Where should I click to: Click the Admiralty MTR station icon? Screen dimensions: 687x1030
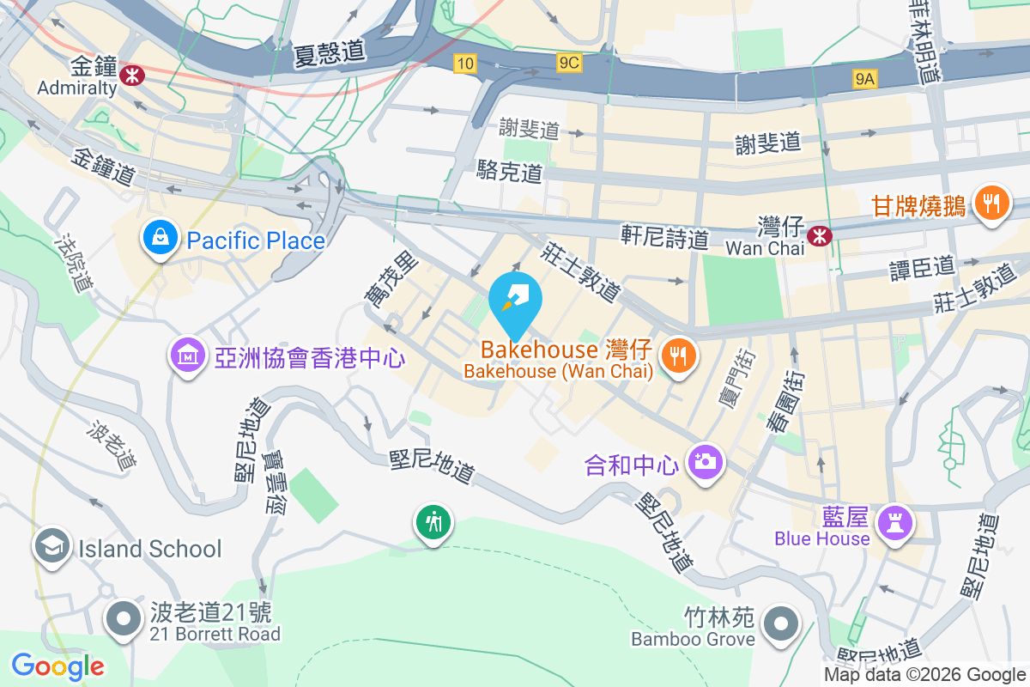click(133, 75)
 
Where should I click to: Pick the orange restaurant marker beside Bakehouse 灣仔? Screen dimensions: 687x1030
click(679, 356)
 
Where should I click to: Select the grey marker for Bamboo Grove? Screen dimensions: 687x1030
click(780, 625)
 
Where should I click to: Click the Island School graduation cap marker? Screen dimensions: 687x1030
click(52, 546)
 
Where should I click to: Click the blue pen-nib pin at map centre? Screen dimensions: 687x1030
click(515, 303)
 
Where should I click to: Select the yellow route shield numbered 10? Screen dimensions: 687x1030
click(464, 63)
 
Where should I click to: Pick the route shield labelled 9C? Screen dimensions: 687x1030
click(569, 63)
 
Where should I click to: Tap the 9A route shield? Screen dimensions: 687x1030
click(864, 80)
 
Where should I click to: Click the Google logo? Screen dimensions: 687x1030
click(58, 666)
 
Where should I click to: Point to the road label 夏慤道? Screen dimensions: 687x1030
click(328, 53)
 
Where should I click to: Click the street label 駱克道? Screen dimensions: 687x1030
click(510, 172)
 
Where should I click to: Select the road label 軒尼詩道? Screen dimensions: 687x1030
click(665, 238)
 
